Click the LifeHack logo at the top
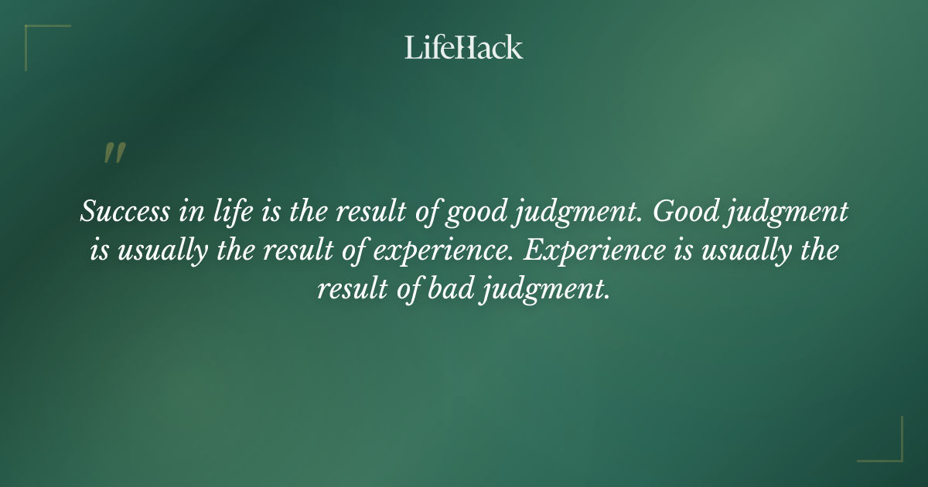point(463,47)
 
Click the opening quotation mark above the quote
point(114,154)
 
